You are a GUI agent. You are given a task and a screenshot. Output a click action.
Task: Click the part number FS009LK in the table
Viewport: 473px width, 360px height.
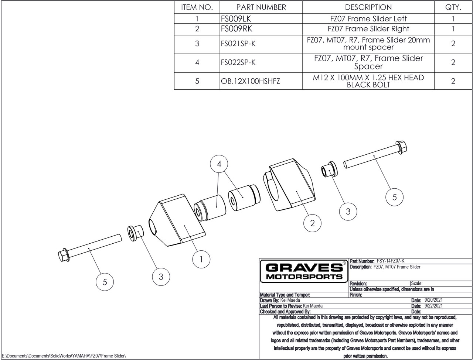[x=236, y=19]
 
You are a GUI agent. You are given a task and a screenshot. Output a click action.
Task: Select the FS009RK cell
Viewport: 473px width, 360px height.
[x=236, y=29]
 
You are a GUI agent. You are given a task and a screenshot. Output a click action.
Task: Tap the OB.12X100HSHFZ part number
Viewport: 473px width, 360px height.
[x=250, y=81]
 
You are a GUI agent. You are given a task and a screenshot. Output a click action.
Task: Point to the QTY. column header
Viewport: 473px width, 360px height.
[x=453, y=7]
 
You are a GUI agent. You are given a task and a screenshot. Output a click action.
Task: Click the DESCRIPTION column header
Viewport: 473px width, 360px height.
[x=368, y=7]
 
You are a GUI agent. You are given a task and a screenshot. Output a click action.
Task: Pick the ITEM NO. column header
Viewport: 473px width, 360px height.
[x=197, y=7]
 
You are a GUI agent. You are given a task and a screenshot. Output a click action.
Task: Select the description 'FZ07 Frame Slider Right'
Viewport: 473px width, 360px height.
[x=368, y=29]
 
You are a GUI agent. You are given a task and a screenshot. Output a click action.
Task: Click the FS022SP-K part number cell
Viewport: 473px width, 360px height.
[x=238, y=62]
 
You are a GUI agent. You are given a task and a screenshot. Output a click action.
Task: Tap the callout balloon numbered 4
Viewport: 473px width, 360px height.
[x=219, y=164]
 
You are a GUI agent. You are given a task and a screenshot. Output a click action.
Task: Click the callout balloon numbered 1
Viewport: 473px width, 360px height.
[x=201, y=259]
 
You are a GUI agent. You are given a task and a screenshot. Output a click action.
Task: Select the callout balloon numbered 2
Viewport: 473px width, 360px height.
[x=313, y=223]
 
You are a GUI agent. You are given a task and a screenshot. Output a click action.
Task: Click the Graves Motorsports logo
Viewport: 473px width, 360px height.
[x=304, y=271]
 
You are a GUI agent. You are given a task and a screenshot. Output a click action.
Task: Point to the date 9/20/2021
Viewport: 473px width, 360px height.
[x=433, y=301]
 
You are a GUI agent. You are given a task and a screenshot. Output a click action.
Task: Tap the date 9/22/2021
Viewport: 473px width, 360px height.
[x=433, y=306]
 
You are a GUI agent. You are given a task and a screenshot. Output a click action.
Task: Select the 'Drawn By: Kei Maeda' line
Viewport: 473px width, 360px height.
[x=279, y=301]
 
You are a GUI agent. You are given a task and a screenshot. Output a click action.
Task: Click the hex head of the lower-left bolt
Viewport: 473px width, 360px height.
[x=63, y=256]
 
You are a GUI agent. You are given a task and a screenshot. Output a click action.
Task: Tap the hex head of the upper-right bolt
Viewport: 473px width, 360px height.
[x=401, y=147]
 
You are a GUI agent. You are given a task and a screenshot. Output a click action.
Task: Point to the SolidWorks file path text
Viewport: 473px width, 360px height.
[x=64, y=356]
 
